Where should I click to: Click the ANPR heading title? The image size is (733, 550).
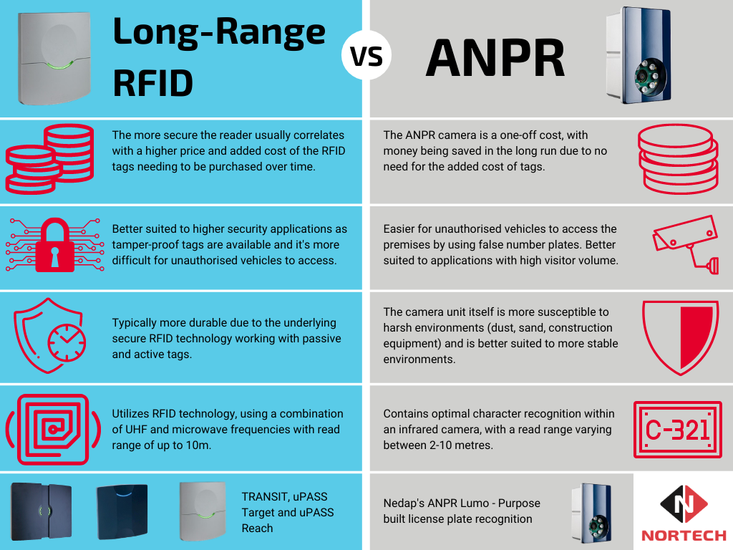[495, 60]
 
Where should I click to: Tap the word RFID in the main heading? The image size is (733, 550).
[153, 82]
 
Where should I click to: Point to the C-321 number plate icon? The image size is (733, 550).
[677, 430]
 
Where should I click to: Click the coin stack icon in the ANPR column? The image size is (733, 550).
[677, 159]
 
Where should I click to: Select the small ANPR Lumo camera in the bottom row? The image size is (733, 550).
[591, 511]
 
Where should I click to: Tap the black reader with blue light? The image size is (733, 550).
[122, 511]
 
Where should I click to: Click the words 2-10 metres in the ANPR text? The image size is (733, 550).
[458, 445]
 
